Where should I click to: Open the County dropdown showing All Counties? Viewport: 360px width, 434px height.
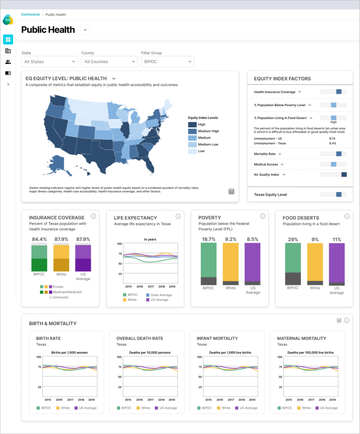coord(109,62)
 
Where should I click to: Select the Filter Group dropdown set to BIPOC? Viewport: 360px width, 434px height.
coord(167,62)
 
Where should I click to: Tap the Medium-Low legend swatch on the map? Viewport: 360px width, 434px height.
coord(193,145)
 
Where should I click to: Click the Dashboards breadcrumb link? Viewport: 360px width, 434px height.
coord(31,14)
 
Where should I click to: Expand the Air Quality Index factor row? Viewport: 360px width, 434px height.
coord(284,175)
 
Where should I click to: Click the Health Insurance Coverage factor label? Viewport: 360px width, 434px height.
coord(274,92)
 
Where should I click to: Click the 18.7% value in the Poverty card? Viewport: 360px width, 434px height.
coord(208,239)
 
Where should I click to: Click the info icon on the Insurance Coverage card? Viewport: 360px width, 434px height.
coord(93,216)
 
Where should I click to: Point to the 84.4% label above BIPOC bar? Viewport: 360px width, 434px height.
coord(39,239)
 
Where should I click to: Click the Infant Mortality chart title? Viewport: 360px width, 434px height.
coord(217,338)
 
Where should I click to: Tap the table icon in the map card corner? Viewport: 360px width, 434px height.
coord(232,192)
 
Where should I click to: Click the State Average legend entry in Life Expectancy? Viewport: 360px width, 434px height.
coord(159,295)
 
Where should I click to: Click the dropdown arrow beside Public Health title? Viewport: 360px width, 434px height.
coord(85,30)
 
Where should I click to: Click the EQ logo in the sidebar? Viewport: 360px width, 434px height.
coord(8,19)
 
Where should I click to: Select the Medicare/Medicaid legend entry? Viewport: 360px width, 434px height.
coord(66,292)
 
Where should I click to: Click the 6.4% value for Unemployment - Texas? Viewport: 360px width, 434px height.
coord(332,143)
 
